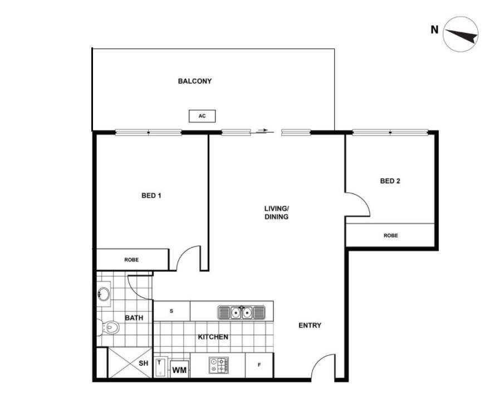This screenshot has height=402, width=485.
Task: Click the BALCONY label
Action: click(x=194, y=81)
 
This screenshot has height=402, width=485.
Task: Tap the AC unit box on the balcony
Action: click(x=202, y=116)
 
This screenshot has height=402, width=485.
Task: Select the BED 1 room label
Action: click(x=151, y=196)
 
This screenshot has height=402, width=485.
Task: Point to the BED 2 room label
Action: click(x=390, y=181)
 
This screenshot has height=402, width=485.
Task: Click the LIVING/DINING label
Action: click(x=276, y=212)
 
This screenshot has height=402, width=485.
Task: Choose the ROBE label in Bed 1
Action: click(x=131, y=260)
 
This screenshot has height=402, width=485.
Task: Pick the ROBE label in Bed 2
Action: click(x=390, y=235)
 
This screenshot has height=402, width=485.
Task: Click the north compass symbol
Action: click(x=460, y=35)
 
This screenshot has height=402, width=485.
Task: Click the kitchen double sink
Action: click(x=241, y=312)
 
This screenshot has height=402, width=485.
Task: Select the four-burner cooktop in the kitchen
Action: click(x=219, y=366)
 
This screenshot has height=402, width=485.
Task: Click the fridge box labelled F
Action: click(x=259, y=366)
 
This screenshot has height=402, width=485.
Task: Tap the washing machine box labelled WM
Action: click(x=179, y=370)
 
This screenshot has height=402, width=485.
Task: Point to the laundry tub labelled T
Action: click(x=160, y=366)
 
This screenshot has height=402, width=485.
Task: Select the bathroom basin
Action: click(x=104, y=294)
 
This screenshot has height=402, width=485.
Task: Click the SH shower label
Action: click(x=144, y=363)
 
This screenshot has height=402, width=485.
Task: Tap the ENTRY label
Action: click(x=310, y=326)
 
